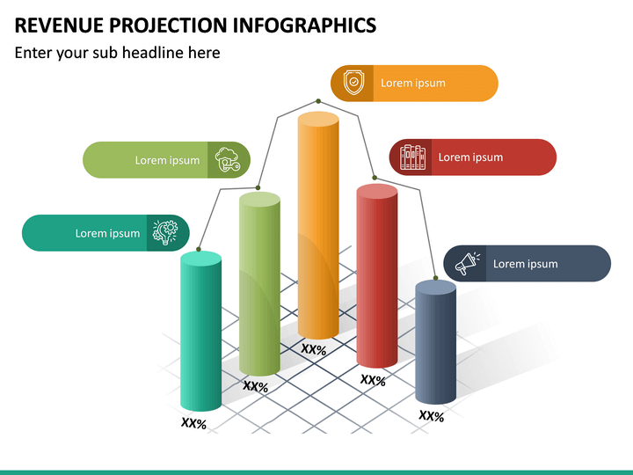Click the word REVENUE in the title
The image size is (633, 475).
point(58,24)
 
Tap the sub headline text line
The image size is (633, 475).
point(117,53)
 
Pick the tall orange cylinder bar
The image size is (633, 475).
point(318,224)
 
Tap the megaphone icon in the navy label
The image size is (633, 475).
point(466,264)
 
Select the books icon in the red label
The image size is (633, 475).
point(412,157)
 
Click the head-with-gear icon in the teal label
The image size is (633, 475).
point(165,233)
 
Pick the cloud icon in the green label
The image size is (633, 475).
point(228,160)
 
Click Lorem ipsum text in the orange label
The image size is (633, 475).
point(412,84)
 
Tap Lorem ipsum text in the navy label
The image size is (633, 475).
point(525,264)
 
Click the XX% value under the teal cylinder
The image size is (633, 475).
point(193,424)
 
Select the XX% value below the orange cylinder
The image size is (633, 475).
point(314,350)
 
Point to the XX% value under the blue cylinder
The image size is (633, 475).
point(431,416)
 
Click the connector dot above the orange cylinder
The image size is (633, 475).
point(318,101)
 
